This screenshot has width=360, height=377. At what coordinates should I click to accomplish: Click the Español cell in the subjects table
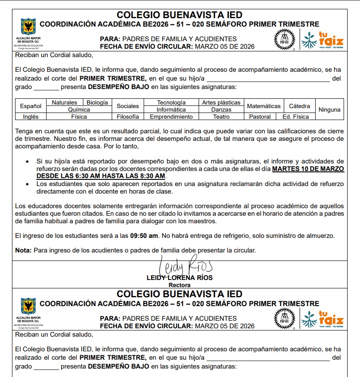31,106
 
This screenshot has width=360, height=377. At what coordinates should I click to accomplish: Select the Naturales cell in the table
64,102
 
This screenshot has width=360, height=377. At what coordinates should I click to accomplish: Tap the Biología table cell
97,102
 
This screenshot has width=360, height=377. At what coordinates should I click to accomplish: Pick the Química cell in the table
79,109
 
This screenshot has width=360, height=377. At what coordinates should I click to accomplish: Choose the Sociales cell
128,106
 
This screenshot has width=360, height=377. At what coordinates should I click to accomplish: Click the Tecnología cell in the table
171,102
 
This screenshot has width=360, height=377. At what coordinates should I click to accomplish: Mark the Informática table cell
171,109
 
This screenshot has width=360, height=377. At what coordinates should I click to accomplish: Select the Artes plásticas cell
221,102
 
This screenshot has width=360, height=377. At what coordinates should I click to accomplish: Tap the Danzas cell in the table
221,109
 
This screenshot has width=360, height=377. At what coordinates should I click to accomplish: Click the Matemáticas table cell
264,106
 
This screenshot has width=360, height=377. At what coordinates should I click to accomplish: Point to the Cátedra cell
299,106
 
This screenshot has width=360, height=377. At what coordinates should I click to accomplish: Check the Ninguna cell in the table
329,109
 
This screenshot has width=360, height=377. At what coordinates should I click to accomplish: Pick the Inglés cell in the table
31,117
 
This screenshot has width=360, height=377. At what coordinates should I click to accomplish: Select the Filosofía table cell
128,117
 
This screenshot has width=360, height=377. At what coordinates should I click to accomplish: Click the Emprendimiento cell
171,117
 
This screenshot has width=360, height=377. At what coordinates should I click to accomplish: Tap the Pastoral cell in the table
259,117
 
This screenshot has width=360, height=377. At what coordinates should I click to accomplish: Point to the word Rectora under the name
180,285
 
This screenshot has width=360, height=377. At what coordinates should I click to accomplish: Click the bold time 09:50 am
143,236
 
